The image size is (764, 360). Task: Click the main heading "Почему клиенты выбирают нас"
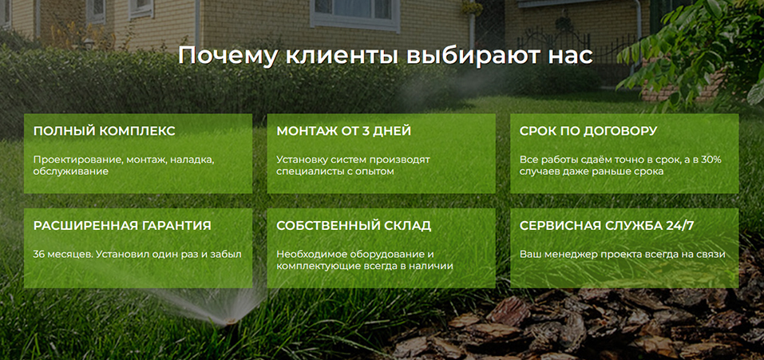(x=385, y=56)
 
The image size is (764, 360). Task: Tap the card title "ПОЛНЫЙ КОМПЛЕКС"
(x=104, y=131)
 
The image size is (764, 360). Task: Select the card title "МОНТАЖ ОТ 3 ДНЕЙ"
(x=343, y=131)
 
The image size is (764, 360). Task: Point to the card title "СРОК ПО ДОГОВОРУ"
(x=588, y=131)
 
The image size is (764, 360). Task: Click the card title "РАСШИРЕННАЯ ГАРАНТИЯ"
(x=122, y=226)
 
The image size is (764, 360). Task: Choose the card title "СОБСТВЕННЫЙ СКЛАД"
(x=354, y=226)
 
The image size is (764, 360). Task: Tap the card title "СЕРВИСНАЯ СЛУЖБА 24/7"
(x=607, y=226)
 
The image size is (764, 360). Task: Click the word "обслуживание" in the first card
(x=70, y=171)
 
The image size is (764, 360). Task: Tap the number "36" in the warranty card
(x=40, y=254)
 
